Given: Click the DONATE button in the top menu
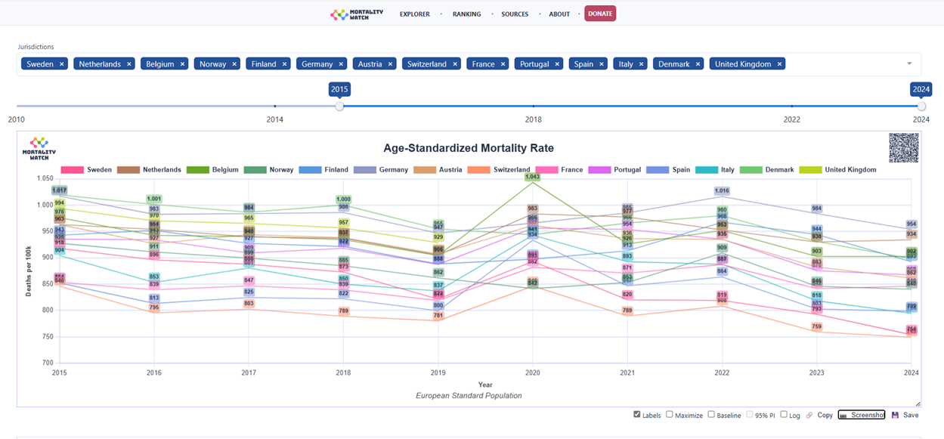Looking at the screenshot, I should click(600, 14).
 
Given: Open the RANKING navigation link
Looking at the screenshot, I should click(466, 14).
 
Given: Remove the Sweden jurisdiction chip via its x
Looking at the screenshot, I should click(62, 64).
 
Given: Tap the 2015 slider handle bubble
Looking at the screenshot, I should click(339, 89).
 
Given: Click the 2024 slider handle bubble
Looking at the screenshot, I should click(921, 89).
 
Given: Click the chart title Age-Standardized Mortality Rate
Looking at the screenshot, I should click(469, 148).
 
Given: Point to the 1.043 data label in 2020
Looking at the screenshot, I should click(532, 177).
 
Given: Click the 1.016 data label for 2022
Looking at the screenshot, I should click(722, 191).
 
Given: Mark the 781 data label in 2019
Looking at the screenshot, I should click(438, 316).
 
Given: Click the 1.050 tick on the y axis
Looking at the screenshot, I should click(44, 178).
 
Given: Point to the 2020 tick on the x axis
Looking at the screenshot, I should click(533, 373).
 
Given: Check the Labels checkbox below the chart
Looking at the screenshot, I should click(637, 415).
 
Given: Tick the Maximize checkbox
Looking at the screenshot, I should click(670, 415).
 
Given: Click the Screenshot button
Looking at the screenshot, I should click(862, 415).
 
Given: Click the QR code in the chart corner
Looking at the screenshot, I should click(903, 147).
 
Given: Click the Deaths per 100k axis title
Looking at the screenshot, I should click(29, 271).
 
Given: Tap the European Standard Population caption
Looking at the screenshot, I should click(469, 395).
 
